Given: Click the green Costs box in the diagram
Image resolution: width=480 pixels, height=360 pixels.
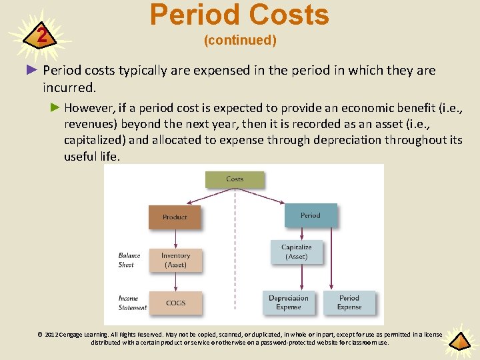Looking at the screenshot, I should point(235,179).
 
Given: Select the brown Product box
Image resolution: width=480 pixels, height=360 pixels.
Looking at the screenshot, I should point(175,217).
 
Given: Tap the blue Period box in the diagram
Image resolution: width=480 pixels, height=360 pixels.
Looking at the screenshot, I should point(310,215).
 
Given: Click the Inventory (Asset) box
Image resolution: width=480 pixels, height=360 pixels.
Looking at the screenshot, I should point(175,260).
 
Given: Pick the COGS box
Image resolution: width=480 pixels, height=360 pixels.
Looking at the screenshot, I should point(175,303).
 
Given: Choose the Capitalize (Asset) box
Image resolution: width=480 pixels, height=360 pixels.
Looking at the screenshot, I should point(296,251).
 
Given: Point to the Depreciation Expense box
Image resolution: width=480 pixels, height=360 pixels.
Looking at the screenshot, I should point(288,303).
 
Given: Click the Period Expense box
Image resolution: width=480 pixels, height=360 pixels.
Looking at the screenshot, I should point(349,303).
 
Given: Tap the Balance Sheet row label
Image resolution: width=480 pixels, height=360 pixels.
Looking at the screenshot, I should point(129,260).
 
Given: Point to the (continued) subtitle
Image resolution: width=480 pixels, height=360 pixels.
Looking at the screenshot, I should point(240,41).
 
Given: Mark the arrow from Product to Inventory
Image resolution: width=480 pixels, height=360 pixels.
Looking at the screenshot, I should point(175,238).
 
